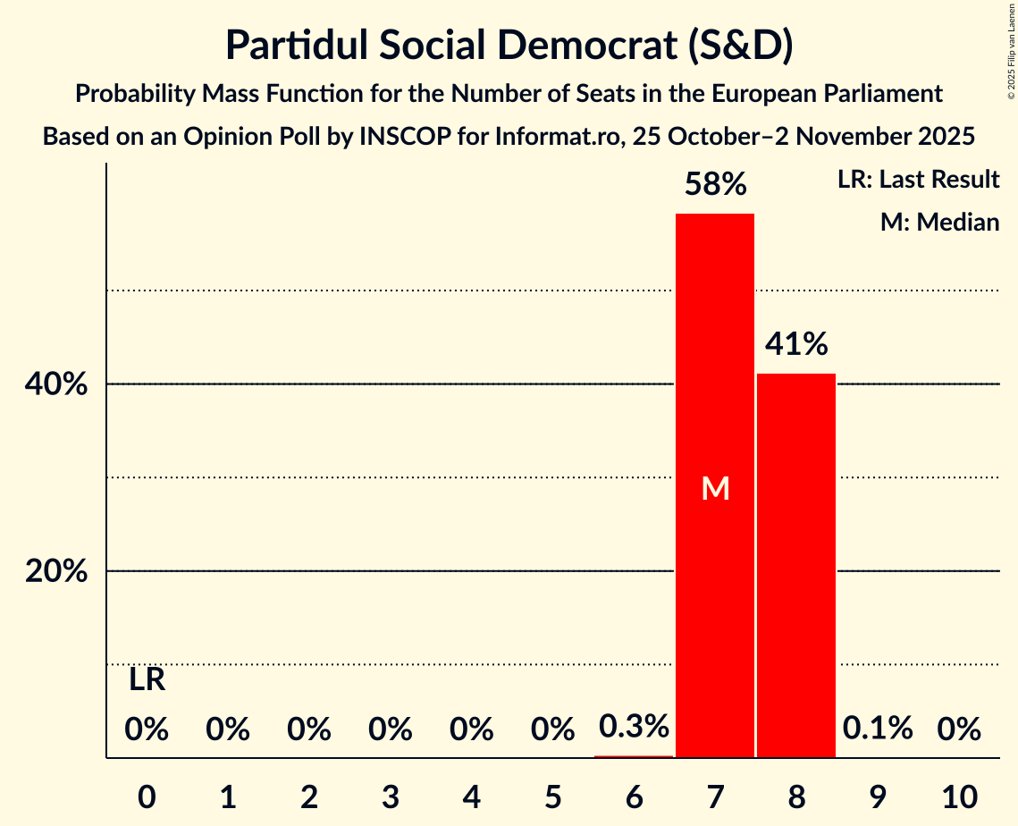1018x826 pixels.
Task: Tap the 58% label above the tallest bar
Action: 715,185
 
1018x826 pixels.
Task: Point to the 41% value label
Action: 796,344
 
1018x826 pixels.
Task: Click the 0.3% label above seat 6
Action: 634,727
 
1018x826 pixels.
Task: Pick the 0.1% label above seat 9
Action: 878,729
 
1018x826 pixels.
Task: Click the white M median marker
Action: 715,488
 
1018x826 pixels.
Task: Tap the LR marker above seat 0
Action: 147,680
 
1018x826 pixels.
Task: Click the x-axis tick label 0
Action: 147,794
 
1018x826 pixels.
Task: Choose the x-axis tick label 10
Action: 959,794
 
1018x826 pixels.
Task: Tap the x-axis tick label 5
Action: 552,794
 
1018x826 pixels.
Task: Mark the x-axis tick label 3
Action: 391,794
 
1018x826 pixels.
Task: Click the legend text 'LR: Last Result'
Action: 918,180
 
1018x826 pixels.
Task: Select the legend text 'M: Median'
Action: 939,222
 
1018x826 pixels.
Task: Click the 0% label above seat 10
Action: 959,729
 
